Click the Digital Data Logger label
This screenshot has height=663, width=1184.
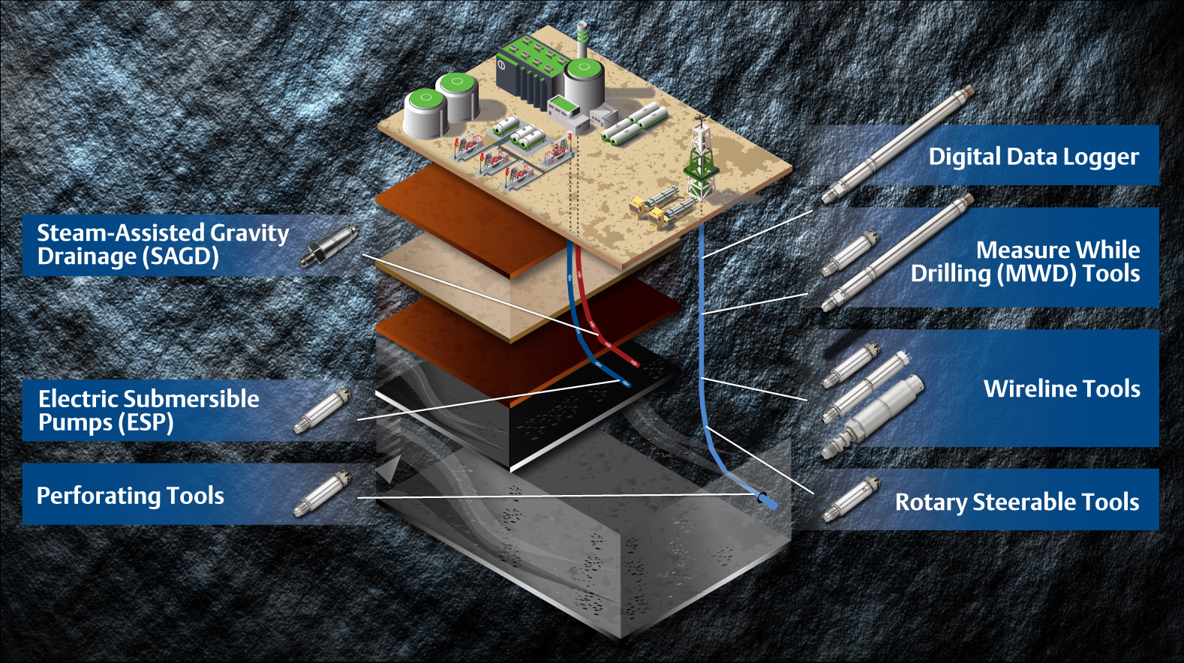[1033, 157]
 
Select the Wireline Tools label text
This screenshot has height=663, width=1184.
[1062, 388]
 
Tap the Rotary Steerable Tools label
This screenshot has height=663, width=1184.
[1017, 502]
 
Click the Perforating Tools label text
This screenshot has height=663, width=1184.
[131, 496]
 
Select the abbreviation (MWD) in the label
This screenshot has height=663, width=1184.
[1036, 274]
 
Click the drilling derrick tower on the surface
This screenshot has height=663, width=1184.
[701, 157]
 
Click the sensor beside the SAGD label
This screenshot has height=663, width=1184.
[328, 244]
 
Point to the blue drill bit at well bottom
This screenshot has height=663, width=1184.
[768, 501]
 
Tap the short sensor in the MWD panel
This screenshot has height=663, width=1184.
[849, 253]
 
